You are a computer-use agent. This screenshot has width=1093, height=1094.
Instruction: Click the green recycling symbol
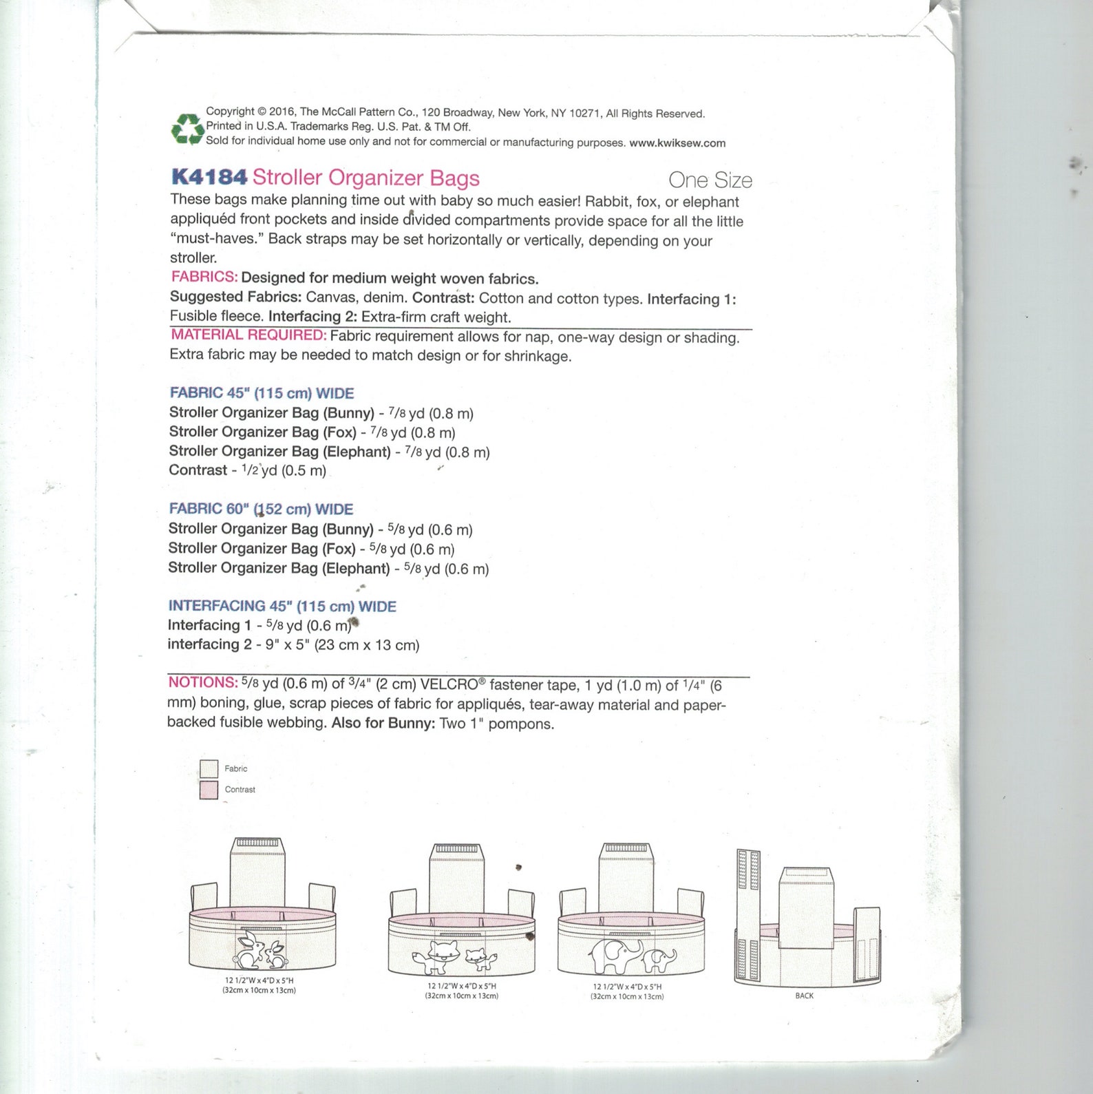(187, 129)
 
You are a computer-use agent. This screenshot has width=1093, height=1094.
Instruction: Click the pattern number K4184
(209, 177)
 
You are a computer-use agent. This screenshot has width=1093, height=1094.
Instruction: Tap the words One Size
(710, 180)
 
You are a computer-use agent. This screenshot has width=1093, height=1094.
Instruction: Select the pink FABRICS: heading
(204, 277)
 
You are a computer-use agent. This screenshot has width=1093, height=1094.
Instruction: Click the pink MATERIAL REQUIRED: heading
(248, 335)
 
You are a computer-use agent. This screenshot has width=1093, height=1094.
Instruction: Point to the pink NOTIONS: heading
(202, 682)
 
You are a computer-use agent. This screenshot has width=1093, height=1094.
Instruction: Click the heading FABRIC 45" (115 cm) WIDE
(261, 393)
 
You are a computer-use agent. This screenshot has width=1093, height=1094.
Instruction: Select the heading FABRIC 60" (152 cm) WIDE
(261, 509)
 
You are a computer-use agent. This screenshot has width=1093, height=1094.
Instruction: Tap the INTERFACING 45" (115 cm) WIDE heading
(282, 606)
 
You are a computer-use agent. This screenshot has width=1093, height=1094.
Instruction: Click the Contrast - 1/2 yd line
(247, 470)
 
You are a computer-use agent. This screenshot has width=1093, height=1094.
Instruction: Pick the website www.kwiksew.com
(677, 143)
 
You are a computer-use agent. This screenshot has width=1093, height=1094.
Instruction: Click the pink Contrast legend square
(209, 790)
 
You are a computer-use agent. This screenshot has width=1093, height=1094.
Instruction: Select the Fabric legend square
(209, 768)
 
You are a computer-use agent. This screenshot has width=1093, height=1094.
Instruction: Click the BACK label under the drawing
(804, 996)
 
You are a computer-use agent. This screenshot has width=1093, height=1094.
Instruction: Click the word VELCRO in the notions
(449, 684)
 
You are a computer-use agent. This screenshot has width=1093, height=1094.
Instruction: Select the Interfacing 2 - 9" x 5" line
(293, 645)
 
